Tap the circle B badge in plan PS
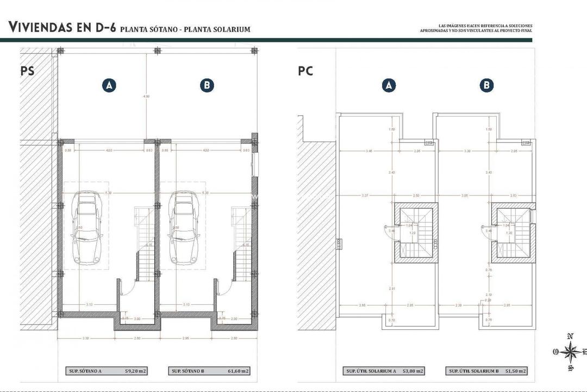click(x=207, y=85)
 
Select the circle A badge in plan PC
click(x=388, y=85)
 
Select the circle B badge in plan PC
click(x=487, y=85)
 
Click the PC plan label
click(x=305, y=71)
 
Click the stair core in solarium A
click(x=416, y=233)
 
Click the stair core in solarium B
click(x=513, y=233)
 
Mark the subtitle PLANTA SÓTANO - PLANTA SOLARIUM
click(x=185, y=29)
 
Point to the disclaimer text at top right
click(x=476, y=28)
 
